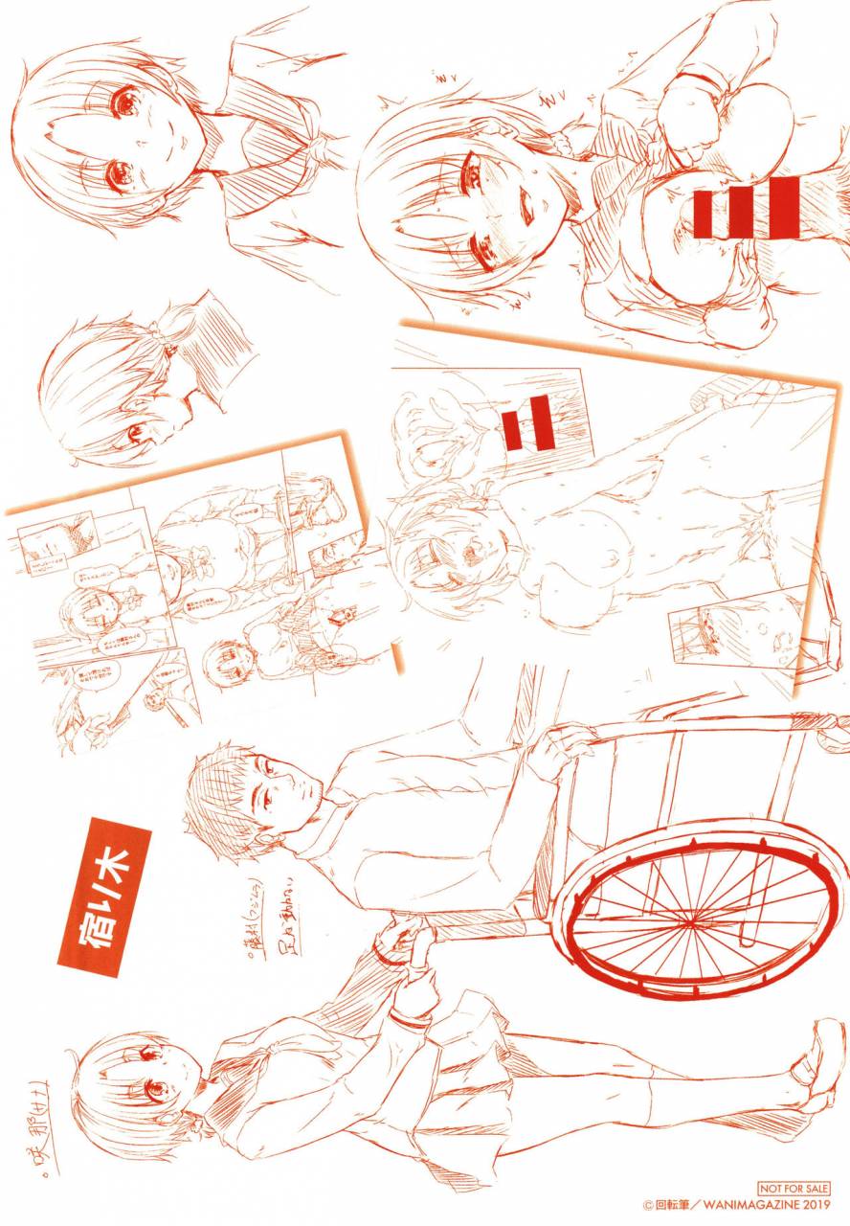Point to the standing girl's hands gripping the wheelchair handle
(x=402, y=948)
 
